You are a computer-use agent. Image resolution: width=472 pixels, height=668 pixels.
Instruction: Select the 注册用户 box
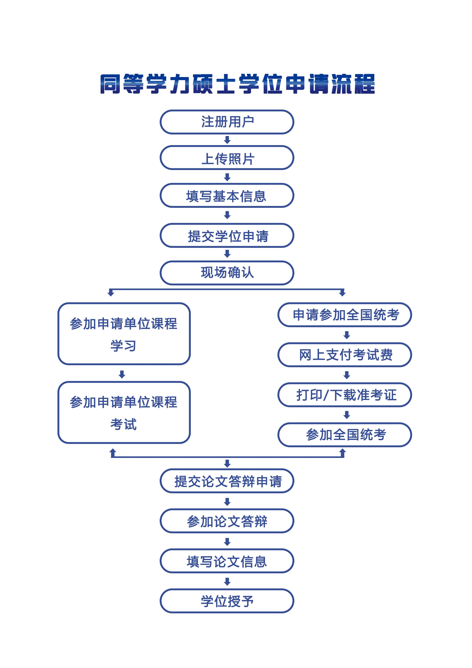227,122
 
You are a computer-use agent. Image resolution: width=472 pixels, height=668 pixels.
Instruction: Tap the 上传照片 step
227,158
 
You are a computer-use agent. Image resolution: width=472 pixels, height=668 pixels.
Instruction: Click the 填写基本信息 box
227,196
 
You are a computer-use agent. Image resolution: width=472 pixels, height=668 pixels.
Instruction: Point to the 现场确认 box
227,273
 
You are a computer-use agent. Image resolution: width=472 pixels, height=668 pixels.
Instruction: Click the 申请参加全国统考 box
345,315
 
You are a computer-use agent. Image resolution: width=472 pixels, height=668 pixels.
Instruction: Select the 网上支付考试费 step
345,355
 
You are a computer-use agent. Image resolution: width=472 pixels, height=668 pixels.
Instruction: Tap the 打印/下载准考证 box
345,395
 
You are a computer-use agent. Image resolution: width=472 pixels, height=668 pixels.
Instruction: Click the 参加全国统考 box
345,435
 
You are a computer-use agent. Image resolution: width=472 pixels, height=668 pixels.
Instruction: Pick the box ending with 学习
124,334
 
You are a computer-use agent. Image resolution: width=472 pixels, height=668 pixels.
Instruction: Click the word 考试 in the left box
123,424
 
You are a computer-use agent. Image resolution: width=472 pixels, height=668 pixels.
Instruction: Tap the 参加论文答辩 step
227,521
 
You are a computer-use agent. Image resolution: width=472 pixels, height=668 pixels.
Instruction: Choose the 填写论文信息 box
227,561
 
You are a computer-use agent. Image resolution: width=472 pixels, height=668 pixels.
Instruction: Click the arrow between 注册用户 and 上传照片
227,140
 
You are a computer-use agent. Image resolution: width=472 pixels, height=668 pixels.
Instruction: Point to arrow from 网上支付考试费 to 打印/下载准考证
346,375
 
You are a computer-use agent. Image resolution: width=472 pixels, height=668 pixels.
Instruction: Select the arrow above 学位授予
227,581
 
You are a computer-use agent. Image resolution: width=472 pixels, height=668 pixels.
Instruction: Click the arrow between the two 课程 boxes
122,374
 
